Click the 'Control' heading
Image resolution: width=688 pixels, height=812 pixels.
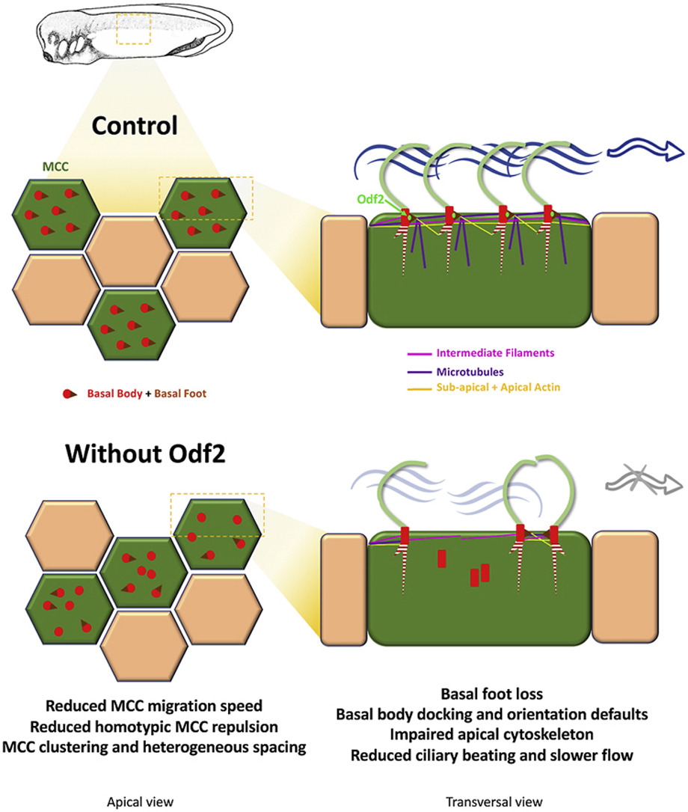pyautogui.click(x=134, y=126)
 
